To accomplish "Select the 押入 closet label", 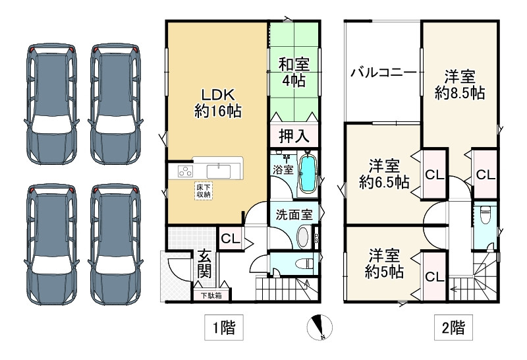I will [294, 136].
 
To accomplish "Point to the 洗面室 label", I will [294, 214].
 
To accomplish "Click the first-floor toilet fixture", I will [302, 264].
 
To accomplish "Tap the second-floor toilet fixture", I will [484, 215].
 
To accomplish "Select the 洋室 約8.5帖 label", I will [459, 84].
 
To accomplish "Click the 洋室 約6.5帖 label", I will [383, 173].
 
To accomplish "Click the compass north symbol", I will [321, 327].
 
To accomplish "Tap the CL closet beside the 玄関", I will [229, 238].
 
